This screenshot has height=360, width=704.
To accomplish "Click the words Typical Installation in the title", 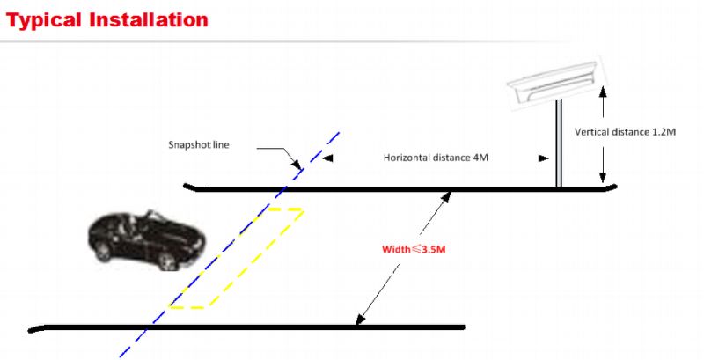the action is point(107,20).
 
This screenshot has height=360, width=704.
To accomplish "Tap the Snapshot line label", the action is point(199,145).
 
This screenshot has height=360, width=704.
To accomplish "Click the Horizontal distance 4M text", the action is point(436,158).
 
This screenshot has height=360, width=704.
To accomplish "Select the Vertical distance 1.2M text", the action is point(625,132).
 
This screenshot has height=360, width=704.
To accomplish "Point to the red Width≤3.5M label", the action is point(414,250).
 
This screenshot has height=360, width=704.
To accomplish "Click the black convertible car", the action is point(146,240).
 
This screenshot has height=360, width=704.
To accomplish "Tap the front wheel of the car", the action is point(166,261).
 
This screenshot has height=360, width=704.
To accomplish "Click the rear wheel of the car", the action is point(103,252).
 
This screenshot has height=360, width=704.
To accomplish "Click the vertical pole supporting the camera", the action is point(559,143).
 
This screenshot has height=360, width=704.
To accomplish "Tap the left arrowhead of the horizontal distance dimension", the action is point(327,158).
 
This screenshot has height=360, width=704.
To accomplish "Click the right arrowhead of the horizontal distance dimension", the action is point(544,158).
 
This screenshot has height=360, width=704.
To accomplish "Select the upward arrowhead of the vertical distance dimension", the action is point(603,92).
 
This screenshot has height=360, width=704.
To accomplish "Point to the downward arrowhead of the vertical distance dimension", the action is point(603,178).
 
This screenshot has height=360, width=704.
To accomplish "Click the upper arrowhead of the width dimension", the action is point(447,196).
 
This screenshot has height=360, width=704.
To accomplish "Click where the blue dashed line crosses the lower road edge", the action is point(146,327).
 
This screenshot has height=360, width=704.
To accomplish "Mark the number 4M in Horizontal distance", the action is point(480,158).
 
